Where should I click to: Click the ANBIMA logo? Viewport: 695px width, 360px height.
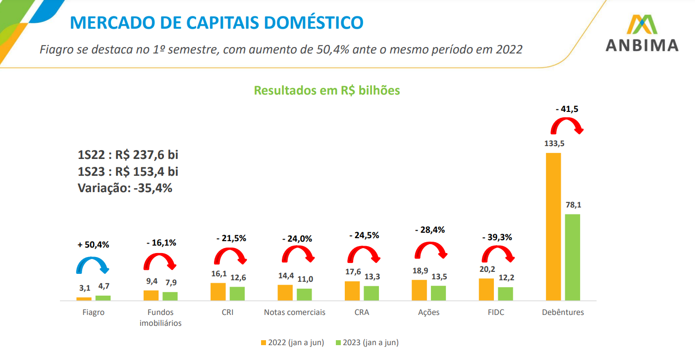tap(642, 34)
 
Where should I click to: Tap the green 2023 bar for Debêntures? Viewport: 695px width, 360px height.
tap(572, 257)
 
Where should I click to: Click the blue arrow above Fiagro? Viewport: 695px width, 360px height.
tap(92, 265)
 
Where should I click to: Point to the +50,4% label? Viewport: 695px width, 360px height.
tap(93, 245)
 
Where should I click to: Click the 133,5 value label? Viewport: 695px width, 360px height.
tap(553, 144)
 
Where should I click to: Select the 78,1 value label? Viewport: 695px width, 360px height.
tap(572, 205)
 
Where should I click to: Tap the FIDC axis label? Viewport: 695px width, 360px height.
tap(495, 312)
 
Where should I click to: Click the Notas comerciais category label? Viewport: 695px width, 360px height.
tap(295, 312)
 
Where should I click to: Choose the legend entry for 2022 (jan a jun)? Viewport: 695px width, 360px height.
tap(292, 343)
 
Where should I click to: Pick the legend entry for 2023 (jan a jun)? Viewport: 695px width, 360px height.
tap(367, 343)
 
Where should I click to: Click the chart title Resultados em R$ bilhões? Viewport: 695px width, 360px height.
tap(327, 91)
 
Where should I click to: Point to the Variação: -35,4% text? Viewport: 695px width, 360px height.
tap(125, 188)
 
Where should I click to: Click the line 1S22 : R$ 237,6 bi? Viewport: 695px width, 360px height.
tap(128, 155)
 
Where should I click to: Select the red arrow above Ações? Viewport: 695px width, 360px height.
tap(430, 251)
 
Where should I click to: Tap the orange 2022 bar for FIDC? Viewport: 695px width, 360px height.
tap(486, 289)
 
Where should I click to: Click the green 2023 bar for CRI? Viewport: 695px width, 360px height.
tap(237, 293)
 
